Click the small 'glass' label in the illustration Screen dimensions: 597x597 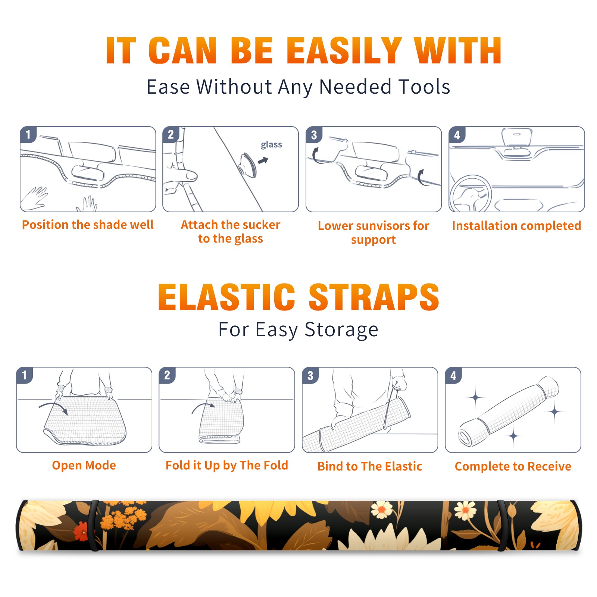271,145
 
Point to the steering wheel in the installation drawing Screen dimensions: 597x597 471,193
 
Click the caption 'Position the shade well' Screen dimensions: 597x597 88,225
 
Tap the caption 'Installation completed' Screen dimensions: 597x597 516,225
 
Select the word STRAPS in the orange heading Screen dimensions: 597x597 374,297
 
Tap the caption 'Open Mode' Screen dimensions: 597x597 84,465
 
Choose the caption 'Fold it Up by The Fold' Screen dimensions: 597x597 227,465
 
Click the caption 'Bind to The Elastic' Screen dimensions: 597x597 370,466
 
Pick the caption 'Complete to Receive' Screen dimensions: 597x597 513,466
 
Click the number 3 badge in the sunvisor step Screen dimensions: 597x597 314,135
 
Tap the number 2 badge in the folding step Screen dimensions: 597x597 167,375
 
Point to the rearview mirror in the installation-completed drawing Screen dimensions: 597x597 517,138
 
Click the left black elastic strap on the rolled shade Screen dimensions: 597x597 94,525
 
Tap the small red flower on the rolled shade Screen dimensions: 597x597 81,531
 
